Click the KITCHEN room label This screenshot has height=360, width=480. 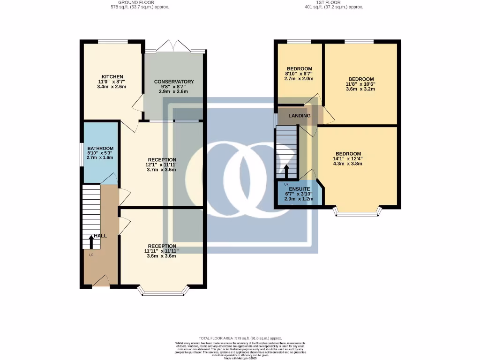click(112, 77)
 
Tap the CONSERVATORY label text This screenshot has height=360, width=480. click(174, 82)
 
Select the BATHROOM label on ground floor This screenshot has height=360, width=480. click(100, 149)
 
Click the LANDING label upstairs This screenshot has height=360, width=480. click(299, 116)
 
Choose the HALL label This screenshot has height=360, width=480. click(100, 236)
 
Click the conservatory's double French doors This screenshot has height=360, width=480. click(174, 46)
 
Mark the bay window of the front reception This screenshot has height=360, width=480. click(165, 292)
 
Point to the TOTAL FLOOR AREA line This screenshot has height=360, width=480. click(240, 338)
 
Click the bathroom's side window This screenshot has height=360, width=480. click(81, 154)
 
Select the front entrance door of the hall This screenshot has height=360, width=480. click(101, 281)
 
